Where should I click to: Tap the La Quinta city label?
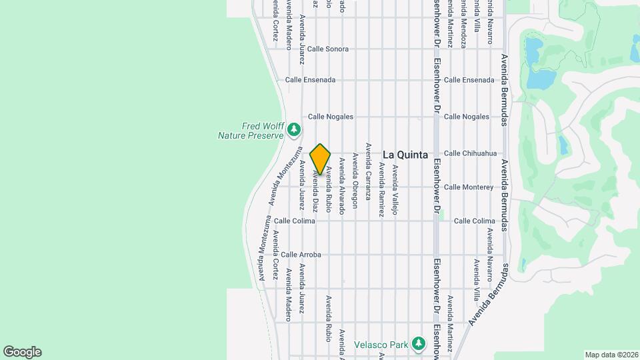coord(405,154)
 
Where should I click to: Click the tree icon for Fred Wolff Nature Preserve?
coord(294,130)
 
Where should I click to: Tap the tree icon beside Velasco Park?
coord(418,344)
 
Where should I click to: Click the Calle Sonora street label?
coord(328,49)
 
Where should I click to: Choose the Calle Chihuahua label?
coord(471,153)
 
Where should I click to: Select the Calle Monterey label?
coord(469,187)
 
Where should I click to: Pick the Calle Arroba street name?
coord(301,255)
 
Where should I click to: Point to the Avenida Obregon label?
coord(355,180)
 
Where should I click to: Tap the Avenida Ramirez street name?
coord(381,189)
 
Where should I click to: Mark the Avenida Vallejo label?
coord(395,189)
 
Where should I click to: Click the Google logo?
coord(22,351)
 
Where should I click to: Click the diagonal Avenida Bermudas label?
coord(494,295)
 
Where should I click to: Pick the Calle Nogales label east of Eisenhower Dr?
coord(467,117)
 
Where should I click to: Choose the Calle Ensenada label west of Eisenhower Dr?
coord(311,79)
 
